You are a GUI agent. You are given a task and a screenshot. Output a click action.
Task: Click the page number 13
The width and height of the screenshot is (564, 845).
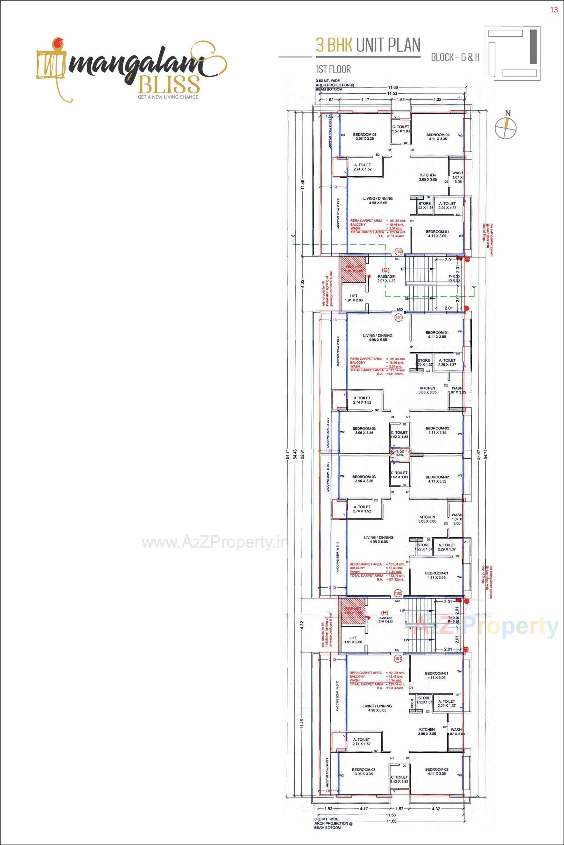click(553, 10)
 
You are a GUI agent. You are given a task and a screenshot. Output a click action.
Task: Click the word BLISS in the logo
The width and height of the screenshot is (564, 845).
click(169, 85)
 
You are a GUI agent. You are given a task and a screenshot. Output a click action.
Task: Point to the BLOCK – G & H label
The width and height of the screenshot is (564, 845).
click(455, 57)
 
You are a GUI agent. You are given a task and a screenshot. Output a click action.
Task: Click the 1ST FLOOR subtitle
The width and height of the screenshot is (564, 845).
click(333, 69)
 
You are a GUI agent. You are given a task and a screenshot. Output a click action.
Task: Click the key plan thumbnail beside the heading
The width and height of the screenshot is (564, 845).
click(513, 52)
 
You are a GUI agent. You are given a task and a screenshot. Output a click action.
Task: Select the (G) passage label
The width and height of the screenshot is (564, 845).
click(386, 270)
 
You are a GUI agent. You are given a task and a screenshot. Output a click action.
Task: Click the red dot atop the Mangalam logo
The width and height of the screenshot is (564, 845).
click(56, 43)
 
